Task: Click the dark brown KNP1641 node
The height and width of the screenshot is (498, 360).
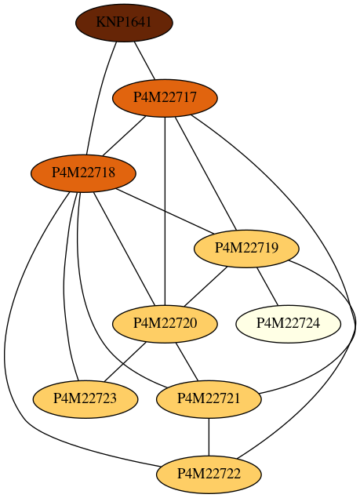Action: click(124, 23)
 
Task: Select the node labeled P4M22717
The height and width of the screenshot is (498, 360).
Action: click(165, 98)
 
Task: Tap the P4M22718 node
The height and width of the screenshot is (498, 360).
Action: click(83, 173)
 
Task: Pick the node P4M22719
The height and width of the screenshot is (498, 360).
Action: click(246, 249)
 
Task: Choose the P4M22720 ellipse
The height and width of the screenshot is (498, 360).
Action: click(165, 324)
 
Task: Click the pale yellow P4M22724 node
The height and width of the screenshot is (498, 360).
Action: click(288, 324)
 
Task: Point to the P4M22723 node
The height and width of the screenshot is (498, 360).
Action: click(85, 399)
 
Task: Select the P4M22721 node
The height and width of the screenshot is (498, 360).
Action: click(209, 399)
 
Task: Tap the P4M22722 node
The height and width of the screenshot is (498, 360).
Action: click(209, 474)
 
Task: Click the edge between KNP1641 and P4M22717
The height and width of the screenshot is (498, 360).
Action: click(144, 60)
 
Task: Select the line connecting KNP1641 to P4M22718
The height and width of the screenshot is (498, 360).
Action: click(99, 97)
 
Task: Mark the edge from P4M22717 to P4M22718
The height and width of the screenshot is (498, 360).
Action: click(124, 136)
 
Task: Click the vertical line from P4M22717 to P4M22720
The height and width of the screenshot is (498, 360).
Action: click(165, 211)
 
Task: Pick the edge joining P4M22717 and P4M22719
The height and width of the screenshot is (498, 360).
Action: click(206, 173)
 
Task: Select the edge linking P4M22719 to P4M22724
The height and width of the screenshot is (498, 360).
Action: click(267, 286)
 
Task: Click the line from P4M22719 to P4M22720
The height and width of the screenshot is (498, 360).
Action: click(206, 286)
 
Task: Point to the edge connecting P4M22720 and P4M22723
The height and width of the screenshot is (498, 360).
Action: click(125, 362)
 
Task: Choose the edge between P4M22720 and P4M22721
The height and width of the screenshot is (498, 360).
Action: click(187, 362)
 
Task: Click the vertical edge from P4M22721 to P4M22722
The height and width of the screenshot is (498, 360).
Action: click(209, 437)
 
